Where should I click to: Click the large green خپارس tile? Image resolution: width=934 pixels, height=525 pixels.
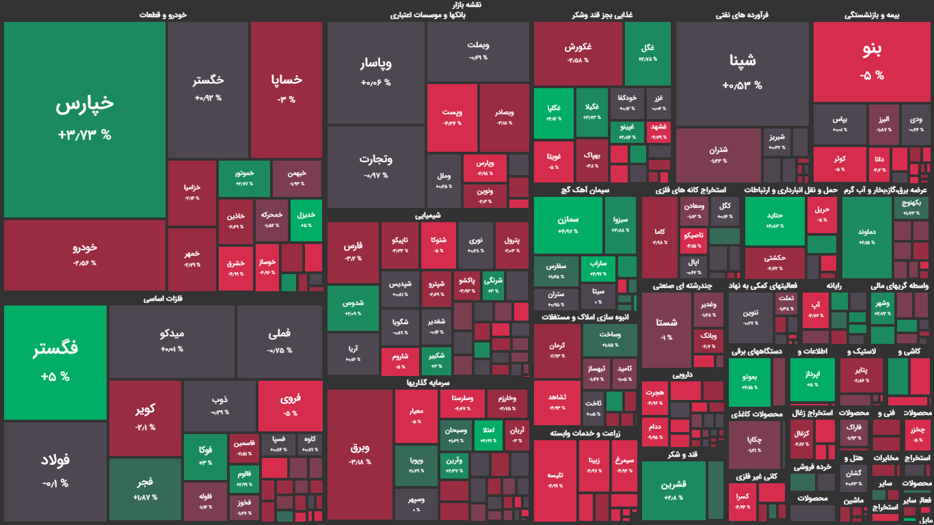(85, 120)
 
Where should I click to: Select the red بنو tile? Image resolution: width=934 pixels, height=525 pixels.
(872, 61)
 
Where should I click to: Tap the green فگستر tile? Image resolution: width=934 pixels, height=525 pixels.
(55, 362)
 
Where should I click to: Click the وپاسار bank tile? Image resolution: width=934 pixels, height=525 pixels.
(375, 72)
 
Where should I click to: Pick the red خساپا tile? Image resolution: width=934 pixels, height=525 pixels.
(286, 89)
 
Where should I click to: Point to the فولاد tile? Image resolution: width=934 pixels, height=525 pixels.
(55, 472)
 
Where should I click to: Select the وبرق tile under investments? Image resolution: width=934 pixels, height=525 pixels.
(360, 455)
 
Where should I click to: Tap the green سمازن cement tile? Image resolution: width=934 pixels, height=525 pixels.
(568, 225)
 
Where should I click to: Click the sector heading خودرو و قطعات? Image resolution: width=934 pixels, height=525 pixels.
(163, 14)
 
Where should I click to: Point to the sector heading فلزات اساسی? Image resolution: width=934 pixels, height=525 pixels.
(163, 299)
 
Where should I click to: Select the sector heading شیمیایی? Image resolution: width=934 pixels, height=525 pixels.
(428, 215)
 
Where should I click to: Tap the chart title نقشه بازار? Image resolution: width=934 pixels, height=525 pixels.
(467, 5)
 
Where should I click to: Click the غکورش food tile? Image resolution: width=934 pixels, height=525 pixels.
(578, 53)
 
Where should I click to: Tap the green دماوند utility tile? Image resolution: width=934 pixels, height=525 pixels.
(866, 236)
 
